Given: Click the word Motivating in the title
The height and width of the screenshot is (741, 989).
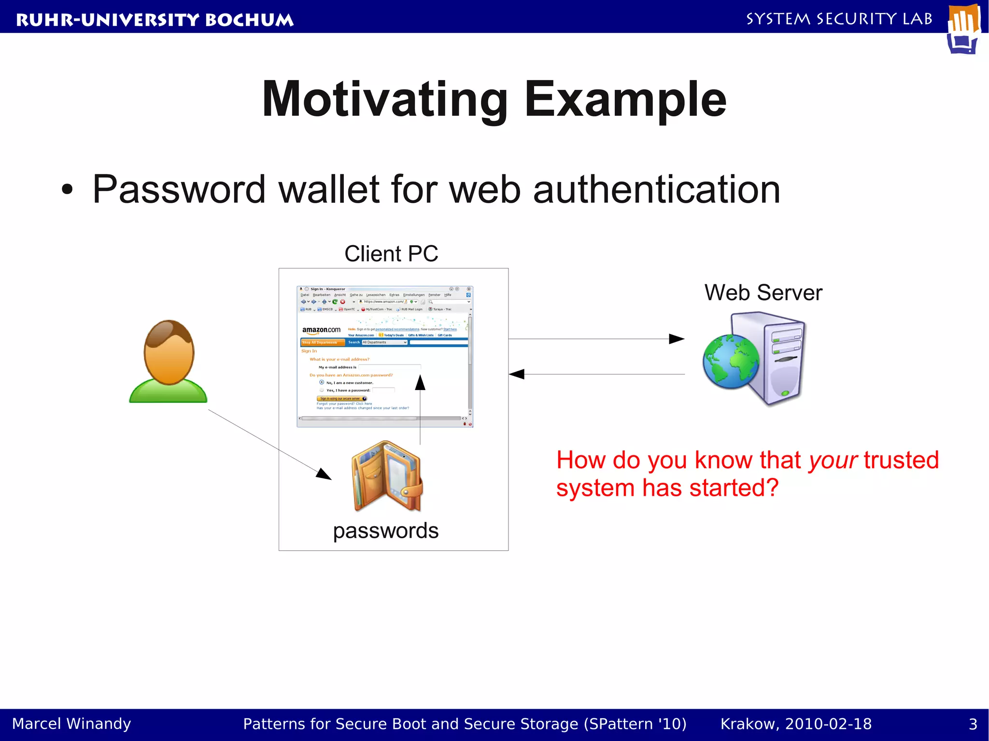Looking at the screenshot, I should click(384, 100).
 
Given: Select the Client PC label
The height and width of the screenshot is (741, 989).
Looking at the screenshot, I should click(391, 254).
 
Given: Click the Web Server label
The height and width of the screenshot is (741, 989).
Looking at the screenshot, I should click(763, 293).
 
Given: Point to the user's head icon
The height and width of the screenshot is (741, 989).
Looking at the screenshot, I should click(169, 351).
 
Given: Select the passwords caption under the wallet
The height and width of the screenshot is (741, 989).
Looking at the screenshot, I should click(385, 531).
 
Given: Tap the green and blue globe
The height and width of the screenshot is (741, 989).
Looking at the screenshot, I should click(731, 361).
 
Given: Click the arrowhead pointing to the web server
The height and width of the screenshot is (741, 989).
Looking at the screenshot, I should click(677, 339).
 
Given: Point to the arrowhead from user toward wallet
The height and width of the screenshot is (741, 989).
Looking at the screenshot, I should click(324, 475).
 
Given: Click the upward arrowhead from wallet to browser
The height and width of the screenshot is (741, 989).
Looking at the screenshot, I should click(420, 382).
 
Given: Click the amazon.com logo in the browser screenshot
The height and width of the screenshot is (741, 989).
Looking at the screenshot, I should click(321, 330).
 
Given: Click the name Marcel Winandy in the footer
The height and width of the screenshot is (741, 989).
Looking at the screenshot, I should click(71, 724).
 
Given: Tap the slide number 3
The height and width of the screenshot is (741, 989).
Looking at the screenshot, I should click(973, 724).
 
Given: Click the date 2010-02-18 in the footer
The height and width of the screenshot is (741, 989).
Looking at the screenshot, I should click(828, 724).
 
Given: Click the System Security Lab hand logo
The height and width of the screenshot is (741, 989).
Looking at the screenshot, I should click(963, 28).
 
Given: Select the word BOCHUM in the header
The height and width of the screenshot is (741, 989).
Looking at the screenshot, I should click(249, 20).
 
